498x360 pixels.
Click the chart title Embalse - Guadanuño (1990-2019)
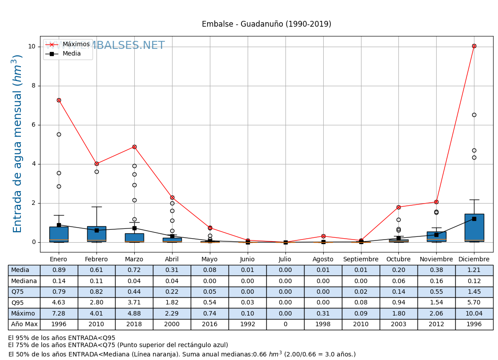266,24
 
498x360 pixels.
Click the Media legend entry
72,54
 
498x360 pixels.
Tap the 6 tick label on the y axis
34,125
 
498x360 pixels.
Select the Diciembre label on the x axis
474,260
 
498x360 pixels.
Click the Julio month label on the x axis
285,260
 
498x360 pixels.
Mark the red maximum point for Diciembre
474,46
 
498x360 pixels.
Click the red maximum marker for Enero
59,100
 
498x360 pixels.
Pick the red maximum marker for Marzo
134,147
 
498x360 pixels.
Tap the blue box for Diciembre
474,228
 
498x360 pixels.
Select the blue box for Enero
59,234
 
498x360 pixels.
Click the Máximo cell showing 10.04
474,314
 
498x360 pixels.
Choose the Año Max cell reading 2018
134,324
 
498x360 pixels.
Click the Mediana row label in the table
24,281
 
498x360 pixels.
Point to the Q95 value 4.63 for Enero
59,303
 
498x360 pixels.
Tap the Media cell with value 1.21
474,270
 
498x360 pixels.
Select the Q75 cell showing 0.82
96,292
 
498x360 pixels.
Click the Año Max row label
24,324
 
